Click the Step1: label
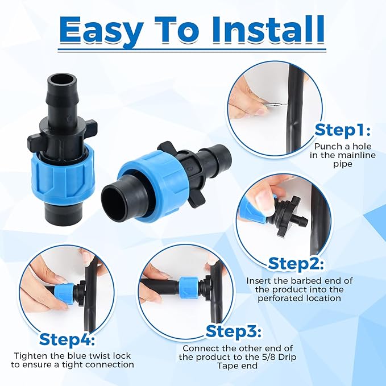343,131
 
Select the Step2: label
296,264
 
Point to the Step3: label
234,331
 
